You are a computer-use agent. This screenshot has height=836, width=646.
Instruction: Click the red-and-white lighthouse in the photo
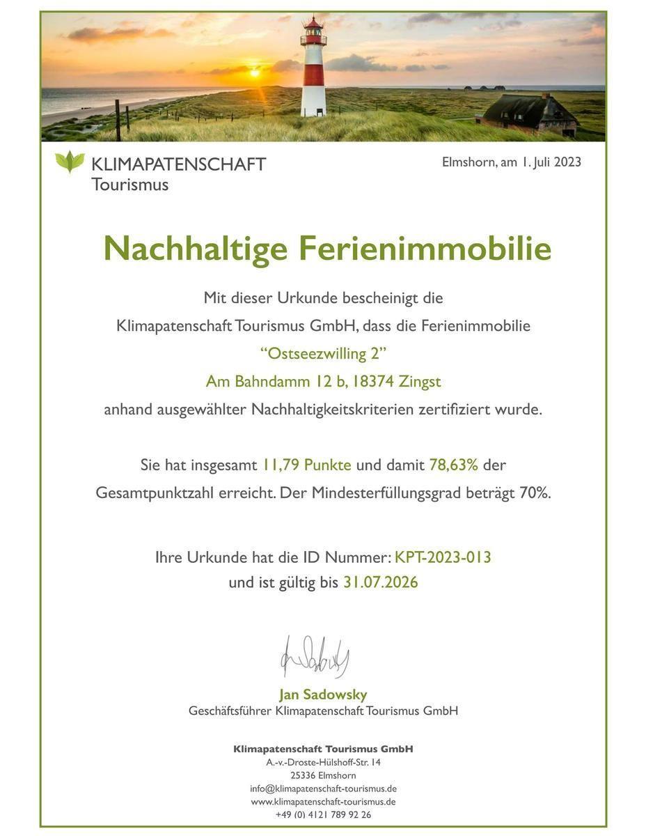coord(313,70)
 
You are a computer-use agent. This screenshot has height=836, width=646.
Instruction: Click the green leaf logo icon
coord(70,162)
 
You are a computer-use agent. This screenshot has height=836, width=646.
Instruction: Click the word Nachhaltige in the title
coord(196,249)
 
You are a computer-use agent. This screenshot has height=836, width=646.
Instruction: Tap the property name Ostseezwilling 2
coord(323,353)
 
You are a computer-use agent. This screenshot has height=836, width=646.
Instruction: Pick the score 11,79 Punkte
coord(306,465)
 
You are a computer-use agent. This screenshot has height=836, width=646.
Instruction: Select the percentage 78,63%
coord(453,465)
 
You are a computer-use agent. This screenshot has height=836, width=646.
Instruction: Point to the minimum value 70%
coord(535,493)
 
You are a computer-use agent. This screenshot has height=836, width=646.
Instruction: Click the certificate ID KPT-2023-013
coord(443,557)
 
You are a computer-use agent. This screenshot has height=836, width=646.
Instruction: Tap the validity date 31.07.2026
coord(380,582)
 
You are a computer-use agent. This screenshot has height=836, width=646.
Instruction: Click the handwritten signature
coord(315,657)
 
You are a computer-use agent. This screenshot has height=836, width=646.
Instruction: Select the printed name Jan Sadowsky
coord(323,695)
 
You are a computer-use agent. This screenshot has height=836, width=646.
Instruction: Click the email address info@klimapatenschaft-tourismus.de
coord(323,789)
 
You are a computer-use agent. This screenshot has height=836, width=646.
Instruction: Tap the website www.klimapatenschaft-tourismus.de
coord(323,802)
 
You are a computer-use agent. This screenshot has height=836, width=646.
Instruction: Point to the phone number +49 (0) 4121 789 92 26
coord(323,814)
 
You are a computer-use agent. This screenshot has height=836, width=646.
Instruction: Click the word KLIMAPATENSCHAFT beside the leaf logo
coord(179,164)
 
